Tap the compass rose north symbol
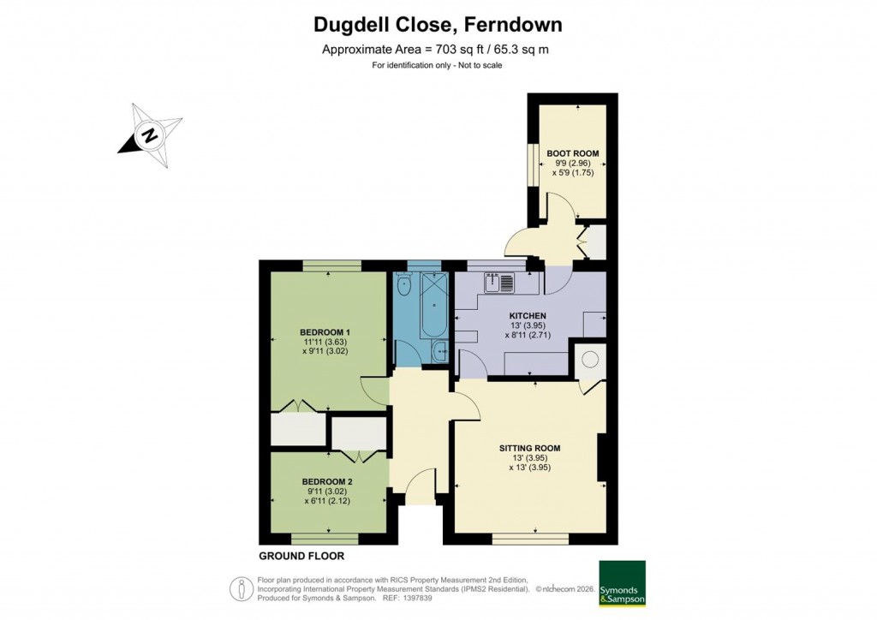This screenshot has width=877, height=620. click(x=150, y=135)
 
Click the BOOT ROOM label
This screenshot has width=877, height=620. click(x=572, y=153)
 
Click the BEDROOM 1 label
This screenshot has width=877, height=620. click(x=325, y=331)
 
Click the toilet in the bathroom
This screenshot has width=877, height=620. click(x=404, y=283)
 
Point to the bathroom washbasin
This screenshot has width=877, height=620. click(x=440, y=349)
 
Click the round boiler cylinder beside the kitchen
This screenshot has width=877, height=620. click(x=589, y=360)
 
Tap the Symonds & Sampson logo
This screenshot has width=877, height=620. click(x=622, y=583)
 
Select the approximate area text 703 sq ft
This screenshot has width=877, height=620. click(x=435, y=49)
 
